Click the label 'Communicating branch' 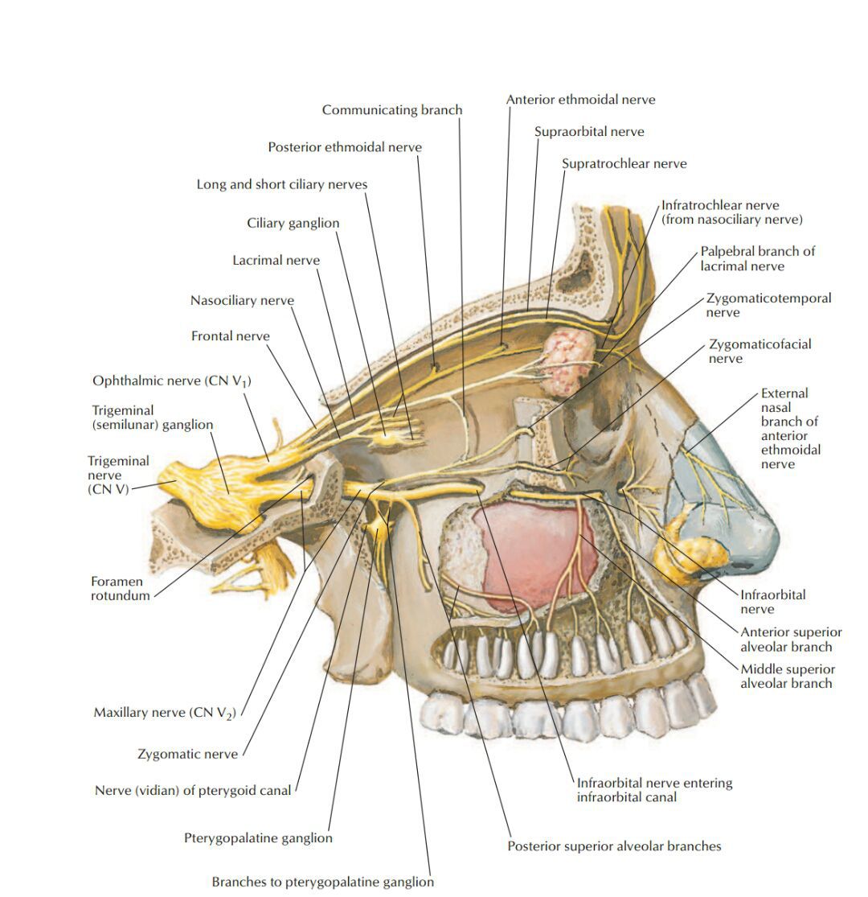pyautogui.click(x=392, y=110)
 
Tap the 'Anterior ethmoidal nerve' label pyautogui.click(x=580, y=100)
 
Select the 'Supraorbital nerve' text pyautogui.click(x=589, y=131)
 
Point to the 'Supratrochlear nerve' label pyautogui.click(x=624, y=163)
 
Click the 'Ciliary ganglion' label pyautogui.click(x=293, y=223)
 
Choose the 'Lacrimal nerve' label pyautogui.click(x=276, y=261)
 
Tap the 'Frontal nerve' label pyautogui.click(x=230, y=335)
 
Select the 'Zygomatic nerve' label pyautogui.click(x=187, y=754)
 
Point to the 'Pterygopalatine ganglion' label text pyautogui.click(x=258, y=838)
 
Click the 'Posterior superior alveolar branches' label pyautogui.click(x=614, y=846)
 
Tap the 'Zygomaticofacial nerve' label pyautogui.click(x=759, y=351)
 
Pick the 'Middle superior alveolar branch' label pyautogui.click(x=788, y=676)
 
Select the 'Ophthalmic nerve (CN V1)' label pyautogui.click(x=172, y=381)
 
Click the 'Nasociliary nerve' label pyautogui.click(x=242, y=301)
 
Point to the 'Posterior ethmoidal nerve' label pyautogui.click(x=345, y=147)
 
